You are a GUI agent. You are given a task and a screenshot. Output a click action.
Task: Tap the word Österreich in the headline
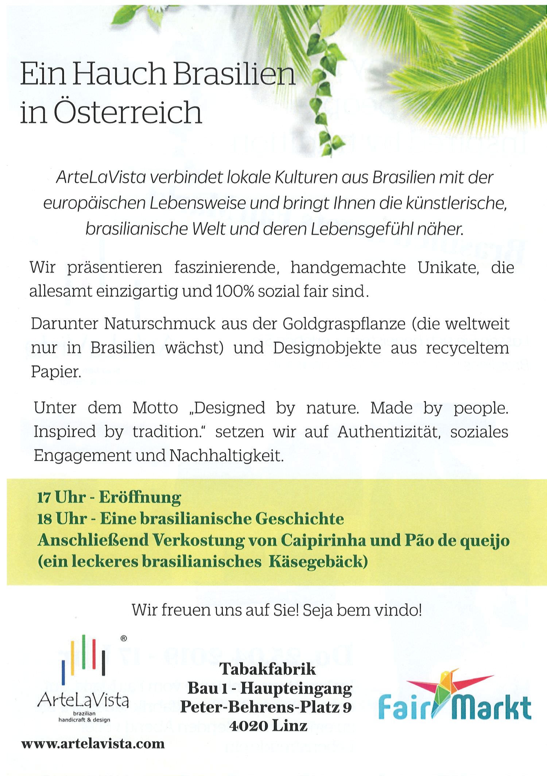pos(127,113)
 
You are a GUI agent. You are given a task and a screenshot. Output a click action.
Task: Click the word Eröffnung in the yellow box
pos(140,498)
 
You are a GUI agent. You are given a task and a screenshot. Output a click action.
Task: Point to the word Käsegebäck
pos(317,562)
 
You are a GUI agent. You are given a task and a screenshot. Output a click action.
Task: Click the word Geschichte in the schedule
pos(299,519)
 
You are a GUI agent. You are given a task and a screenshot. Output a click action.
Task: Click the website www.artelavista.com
pos(93,744)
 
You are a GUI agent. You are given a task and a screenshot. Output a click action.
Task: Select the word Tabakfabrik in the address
pos(267,670)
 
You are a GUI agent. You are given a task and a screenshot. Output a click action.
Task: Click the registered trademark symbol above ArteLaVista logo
pos(123,639)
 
